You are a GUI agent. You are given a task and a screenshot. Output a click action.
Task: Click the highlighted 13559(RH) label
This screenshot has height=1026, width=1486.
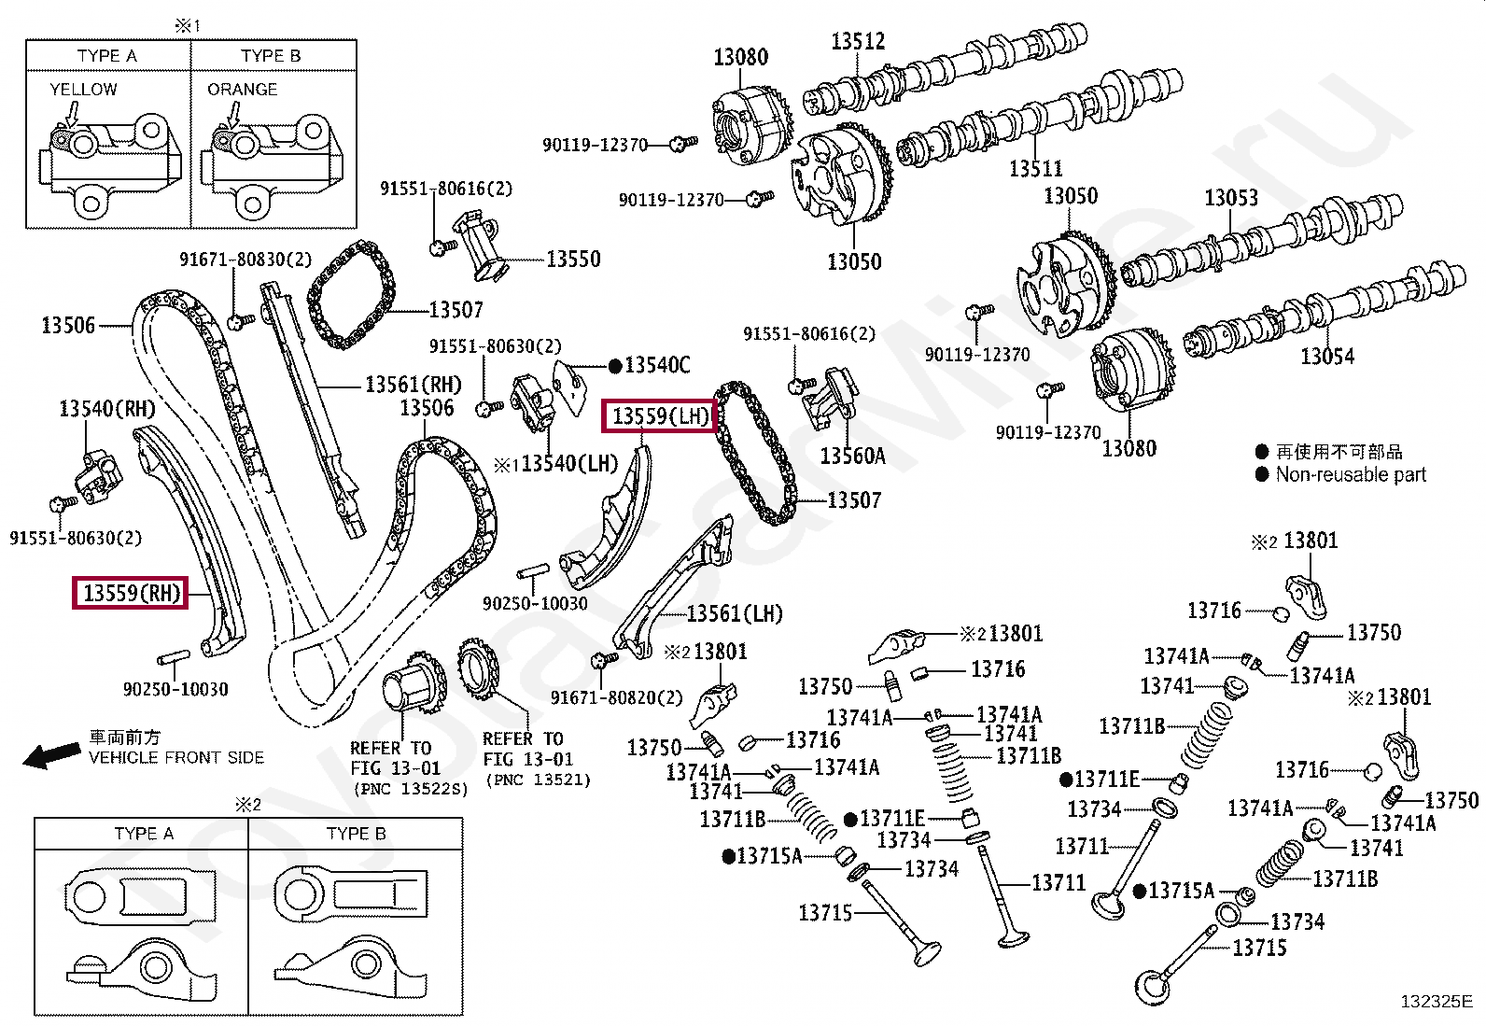131,593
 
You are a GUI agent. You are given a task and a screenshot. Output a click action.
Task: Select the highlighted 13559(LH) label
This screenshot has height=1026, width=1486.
661,415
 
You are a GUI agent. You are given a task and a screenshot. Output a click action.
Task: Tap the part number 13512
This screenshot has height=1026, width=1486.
858,41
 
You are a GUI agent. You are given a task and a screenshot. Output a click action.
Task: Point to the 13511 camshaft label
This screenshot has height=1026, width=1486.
1035,169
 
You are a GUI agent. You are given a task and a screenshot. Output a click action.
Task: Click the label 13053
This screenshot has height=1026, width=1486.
1230,198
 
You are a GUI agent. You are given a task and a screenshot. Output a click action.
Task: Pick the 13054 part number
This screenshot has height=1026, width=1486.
1326,356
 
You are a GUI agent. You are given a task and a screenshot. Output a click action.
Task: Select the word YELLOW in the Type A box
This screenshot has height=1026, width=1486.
83,90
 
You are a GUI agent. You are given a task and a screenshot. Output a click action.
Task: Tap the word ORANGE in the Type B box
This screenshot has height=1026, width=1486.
242,90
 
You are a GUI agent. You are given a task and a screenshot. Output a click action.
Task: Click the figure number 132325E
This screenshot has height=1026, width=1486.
1436,1002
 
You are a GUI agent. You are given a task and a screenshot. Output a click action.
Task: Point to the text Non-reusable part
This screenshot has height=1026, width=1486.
1351,474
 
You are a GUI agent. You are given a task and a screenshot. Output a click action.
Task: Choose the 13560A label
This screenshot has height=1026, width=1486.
852,456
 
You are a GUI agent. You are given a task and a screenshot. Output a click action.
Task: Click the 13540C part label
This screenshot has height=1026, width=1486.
657,365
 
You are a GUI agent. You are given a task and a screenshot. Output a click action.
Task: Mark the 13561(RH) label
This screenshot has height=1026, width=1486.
414,384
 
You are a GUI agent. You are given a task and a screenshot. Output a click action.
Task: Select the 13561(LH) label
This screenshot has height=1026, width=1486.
735,613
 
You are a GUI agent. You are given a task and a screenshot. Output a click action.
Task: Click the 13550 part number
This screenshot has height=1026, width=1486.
573,259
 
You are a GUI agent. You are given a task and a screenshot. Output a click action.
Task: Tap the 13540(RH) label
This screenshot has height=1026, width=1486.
107,408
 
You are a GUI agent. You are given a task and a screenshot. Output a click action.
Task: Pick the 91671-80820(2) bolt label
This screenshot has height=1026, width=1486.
616,697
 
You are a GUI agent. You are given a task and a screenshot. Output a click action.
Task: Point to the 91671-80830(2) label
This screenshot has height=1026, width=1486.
245,260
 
